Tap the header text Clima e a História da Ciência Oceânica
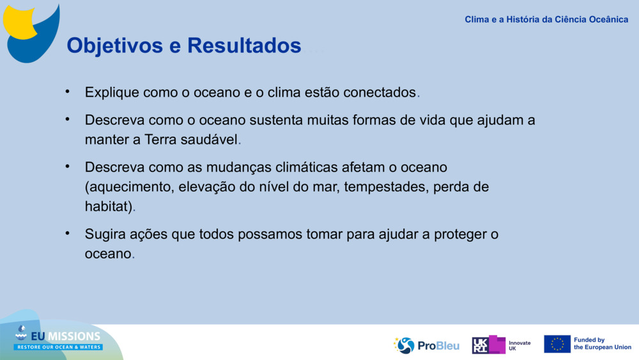(546, 19)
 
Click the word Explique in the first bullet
(112, 93)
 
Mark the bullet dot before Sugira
(67, 233)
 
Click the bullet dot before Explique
(67, 91)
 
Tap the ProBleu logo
(426, 345)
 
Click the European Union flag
(557, 344)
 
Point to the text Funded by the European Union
(602, 344)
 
